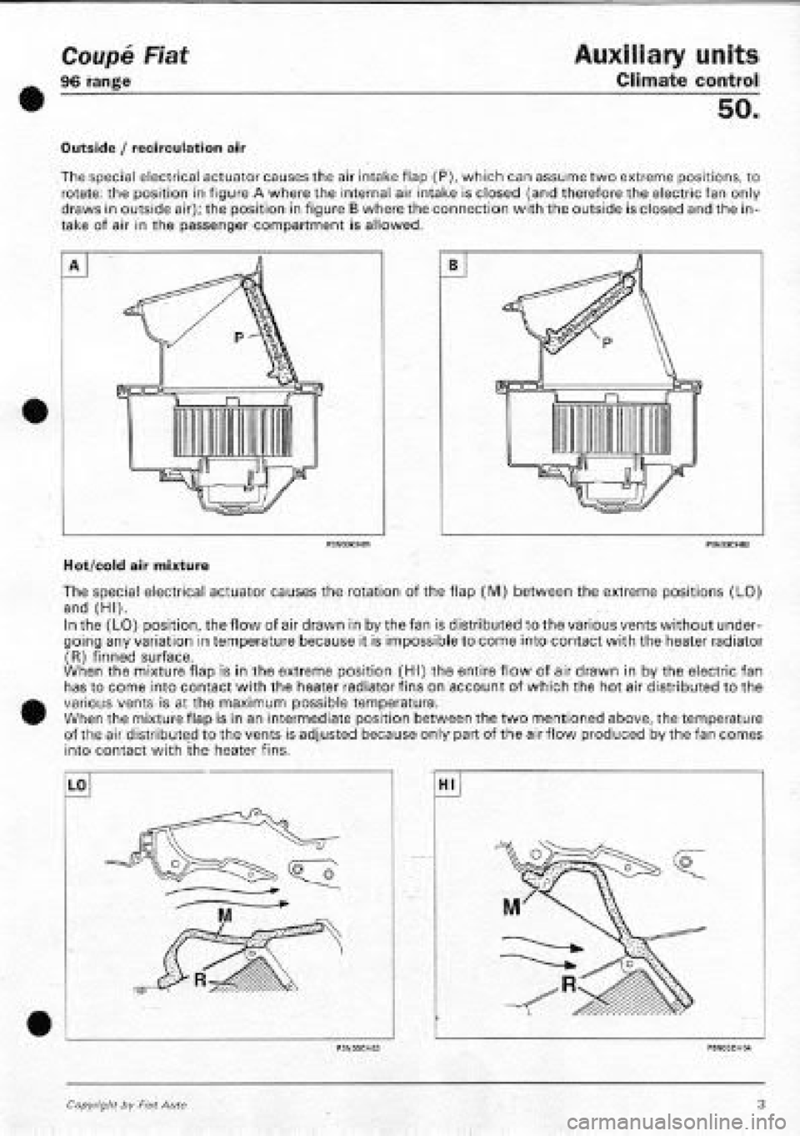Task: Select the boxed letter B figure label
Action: click(x=457, y=267)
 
